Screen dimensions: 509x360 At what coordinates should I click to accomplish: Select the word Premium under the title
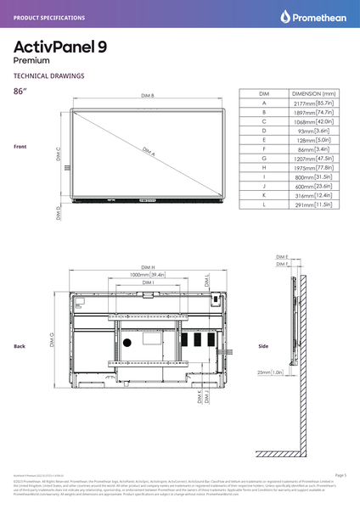[x=31, y=61]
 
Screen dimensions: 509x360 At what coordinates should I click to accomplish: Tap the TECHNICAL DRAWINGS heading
[x=48, y=76]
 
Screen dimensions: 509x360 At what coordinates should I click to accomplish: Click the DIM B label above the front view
[x=147, y=96]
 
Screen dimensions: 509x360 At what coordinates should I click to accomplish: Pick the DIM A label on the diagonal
[x=148, y=152]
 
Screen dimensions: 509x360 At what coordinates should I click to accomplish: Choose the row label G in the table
[x=265, y=159]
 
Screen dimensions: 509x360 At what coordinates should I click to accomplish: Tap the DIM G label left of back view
[x=53, y=341]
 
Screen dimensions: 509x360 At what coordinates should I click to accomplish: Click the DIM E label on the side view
[x=282, y=256]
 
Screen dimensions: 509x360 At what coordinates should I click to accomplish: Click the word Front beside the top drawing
[x=20, y=147]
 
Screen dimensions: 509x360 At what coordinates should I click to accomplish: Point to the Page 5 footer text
[x=340, y=475]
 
